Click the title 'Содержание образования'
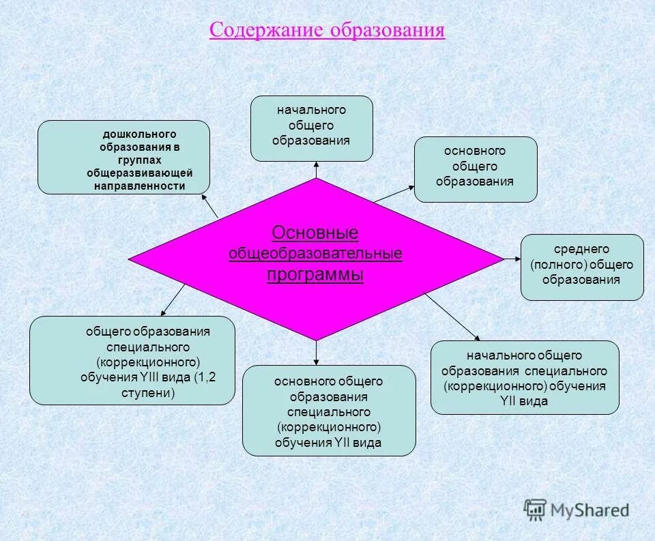point(327,31)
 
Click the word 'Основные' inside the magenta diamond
point(315,233)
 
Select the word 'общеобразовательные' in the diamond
point(315,254)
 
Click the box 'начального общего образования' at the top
point(312,128)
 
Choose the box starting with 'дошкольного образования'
point(123,157)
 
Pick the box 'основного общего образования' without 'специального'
point(476,169)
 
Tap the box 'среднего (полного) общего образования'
point(582,267)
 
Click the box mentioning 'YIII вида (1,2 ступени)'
point(132,360)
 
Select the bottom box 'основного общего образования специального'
point(329,411)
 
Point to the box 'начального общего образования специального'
point(525,377)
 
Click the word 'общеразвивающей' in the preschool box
point(140,173)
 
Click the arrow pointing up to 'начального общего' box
point(317,170)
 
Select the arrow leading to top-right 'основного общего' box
point(394,194)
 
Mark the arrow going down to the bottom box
point(317,352)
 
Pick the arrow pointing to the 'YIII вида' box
point(173,299)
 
